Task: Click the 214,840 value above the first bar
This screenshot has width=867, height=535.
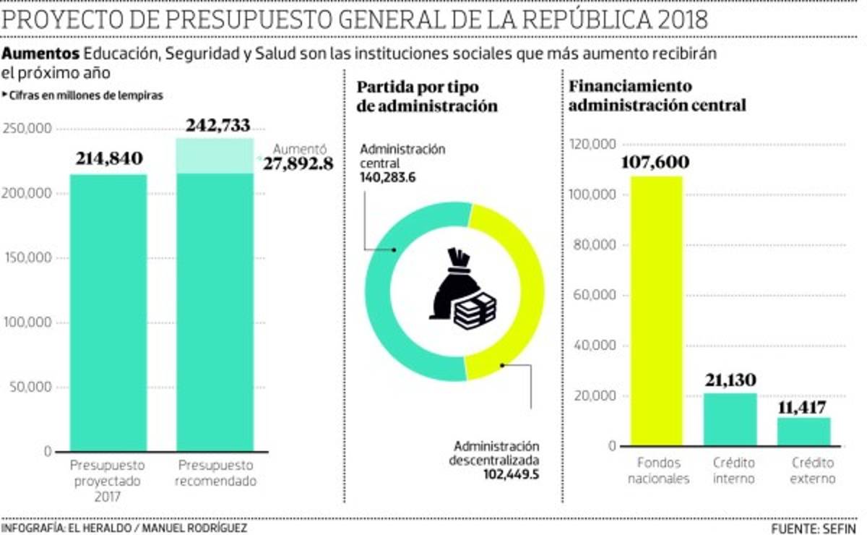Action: tap(108, 158)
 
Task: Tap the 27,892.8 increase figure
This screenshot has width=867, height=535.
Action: tap(298, 163)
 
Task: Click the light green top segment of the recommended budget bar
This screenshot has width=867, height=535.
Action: tap(215, 155)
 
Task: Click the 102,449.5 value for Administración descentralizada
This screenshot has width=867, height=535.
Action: tap(512, 474)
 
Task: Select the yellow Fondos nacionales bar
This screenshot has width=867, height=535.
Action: tap(656, 311)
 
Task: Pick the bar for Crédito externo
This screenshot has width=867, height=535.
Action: tap(803, 432)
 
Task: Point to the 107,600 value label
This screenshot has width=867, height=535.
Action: tap(655, 162)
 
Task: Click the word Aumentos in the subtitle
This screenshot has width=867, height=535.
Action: tap(40, 54)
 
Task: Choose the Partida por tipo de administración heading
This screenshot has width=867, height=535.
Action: tap(427, 95)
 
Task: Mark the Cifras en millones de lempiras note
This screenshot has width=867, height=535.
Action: tap(85, 95)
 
